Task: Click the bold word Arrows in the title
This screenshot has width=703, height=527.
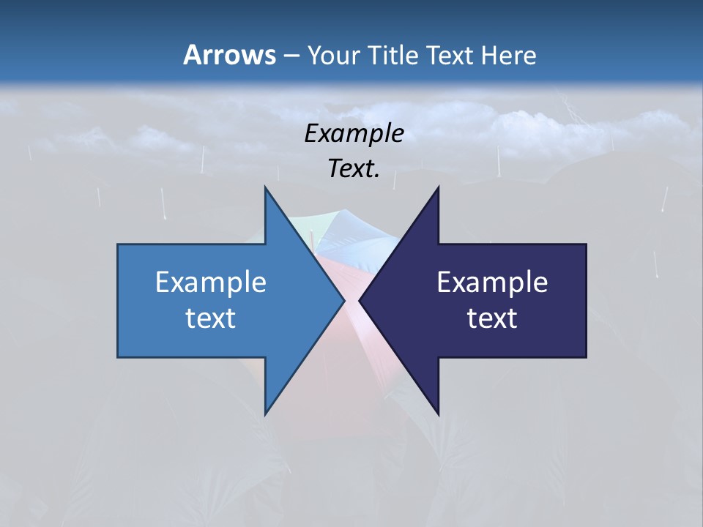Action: (229, 55)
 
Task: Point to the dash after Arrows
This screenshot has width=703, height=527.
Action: (291, 56)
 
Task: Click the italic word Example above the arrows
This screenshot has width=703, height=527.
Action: (354, 134)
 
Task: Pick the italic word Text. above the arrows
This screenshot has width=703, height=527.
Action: (354, 168)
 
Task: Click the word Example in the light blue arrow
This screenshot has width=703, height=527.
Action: (210, 283)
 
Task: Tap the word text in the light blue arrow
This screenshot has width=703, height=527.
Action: (210, 318)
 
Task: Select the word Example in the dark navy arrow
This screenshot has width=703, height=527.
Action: (492, 283)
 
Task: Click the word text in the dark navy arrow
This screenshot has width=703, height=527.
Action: (492, 318)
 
